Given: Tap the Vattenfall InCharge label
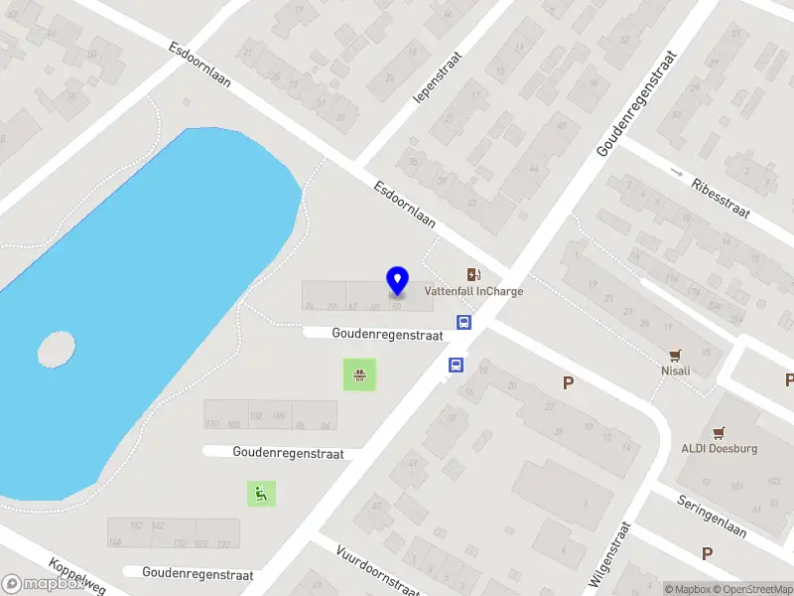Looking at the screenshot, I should tap(473, 292).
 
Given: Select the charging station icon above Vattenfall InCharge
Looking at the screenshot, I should tap(474, 274).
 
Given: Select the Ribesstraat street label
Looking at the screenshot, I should tap(722, 199).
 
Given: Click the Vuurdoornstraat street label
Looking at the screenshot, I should tap(377, 568).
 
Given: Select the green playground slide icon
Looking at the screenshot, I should tap(261, 492).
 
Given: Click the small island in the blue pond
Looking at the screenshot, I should tap(57, 349).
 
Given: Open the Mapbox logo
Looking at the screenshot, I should tap(42, 584).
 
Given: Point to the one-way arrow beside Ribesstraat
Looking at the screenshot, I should tap(677, 173).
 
